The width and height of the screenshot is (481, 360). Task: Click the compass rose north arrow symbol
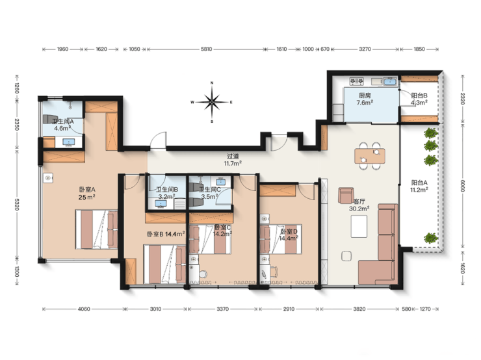(x=212, y=102)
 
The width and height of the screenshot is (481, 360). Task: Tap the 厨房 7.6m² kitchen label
(x=365, y=99)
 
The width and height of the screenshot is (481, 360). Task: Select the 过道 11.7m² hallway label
(x=233, y=160)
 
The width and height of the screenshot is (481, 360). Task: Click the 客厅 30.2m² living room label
(x=359, y=205)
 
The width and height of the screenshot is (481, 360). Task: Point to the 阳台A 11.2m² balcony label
(x=419, y=186)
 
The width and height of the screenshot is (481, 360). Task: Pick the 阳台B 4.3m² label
(x=419, y=99)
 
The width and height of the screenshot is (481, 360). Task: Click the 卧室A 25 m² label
(x=87, y=194)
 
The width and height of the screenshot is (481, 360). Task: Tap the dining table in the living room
(x=370, y=156)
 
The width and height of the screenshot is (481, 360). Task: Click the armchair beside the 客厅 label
(x=346, y=196)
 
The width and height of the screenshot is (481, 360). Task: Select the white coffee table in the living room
(x=359, y=226)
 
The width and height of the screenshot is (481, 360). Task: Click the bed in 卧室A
(x=96, y=229)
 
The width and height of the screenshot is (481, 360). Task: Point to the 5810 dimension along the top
(x=206, y=49)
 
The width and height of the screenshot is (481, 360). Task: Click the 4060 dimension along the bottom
(x=84, y=309)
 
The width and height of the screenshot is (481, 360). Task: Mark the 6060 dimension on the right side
(x=463, y=185)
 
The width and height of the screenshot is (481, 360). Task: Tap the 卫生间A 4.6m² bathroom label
(x=63, y=125)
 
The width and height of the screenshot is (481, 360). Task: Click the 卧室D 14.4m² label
(x=289, y=235)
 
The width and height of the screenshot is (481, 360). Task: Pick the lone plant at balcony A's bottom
(x=431, y=238)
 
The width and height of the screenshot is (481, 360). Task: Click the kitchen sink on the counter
(x=390, y=82)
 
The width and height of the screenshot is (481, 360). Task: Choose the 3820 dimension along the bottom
(x=359, y=309)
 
